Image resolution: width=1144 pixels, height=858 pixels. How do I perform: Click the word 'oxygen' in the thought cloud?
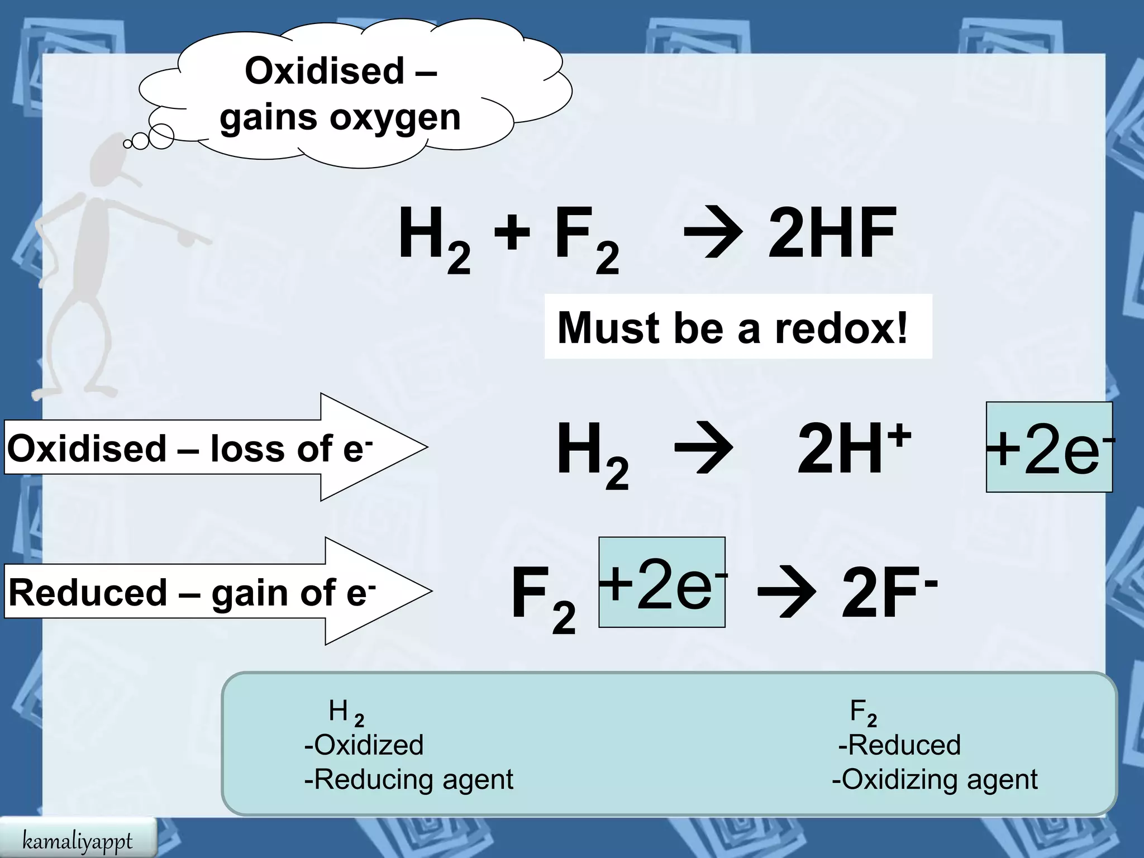pos(395,118)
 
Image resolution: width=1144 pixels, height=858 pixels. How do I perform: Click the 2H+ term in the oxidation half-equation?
pos(854,449)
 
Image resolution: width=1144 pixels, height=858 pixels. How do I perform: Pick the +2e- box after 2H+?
pos(1049,447)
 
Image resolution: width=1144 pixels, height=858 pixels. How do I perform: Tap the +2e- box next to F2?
pos(662,583)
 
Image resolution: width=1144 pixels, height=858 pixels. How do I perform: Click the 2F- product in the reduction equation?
pos(888,593)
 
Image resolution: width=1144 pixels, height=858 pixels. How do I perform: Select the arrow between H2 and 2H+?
pos(703,449)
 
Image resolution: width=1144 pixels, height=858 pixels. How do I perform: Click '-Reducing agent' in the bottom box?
pos(408,779)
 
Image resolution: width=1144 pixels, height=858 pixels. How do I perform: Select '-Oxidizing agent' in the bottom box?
pos(935,779)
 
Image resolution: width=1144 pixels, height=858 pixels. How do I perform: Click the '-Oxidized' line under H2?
pos(364,745)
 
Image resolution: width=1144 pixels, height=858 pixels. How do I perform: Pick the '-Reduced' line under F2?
pos(899,745)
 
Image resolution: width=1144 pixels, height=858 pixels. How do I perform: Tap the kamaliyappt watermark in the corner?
pos(77,841)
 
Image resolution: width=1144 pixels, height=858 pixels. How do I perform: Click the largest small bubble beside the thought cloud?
pos(161,136)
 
